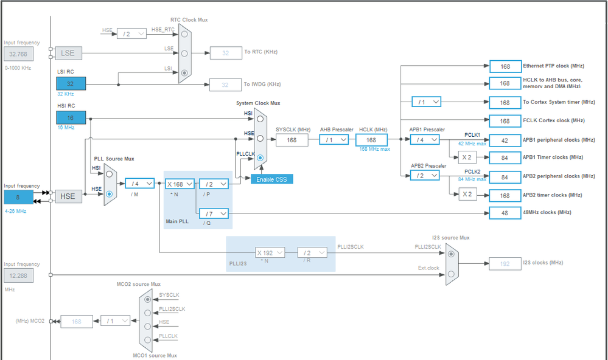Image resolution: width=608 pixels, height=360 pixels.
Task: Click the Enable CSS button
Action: (x=272, y=179)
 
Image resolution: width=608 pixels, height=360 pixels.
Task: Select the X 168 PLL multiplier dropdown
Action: (x=180, y=184)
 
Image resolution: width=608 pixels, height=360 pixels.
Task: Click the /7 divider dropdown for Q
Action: (x=214, y=213)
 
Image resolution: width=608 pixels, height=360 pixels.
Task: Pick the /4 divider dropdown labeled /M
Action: (x=139, y=183)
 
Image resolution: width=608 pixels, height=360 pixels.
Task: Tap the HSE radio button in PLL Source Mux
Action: (x=110, y=194)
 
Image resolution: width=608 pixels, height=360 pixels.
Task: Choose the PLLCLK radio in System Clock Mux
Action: (x=260, y=158)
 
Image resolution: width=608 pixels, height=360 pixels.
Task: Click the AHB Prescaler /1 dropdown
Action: (x=334, y=140)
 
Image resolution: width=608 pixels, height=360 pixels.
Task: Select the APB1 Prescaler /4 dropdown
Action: (x=425, y=140)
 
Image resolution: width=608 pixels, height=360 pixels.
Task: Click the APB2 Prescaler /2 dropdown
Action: (x=425, y=175)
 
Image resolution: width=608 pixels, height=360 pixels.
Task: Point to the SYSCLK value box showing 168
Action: (x=292, y=140)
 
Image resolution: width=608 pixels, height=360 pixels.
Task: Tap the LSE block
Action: (x=68, y=53)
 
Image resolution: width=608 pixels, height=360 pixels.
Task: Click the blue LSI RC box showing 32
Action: (x=71, y=84)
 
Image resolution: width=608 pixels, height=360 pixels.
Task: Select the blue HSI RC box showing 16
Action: (x=71, y=117)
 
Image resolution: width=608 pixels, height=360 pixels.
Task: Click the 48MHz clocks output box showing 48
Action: (x=505, y=213)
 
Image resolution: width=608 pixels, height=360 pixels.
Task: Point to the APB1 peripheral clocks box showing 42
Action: (x=505, y=140)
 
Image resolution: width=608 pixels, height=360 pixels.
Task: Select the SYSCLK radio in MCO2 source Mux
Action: (x=147, y=299)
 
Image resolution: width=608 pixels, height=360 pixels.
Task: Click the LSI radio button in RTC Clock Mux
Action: (x=184, y=72)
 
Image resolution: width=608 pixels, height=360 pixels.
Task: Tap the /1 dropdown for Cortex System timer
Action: (x=425, y=102)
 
